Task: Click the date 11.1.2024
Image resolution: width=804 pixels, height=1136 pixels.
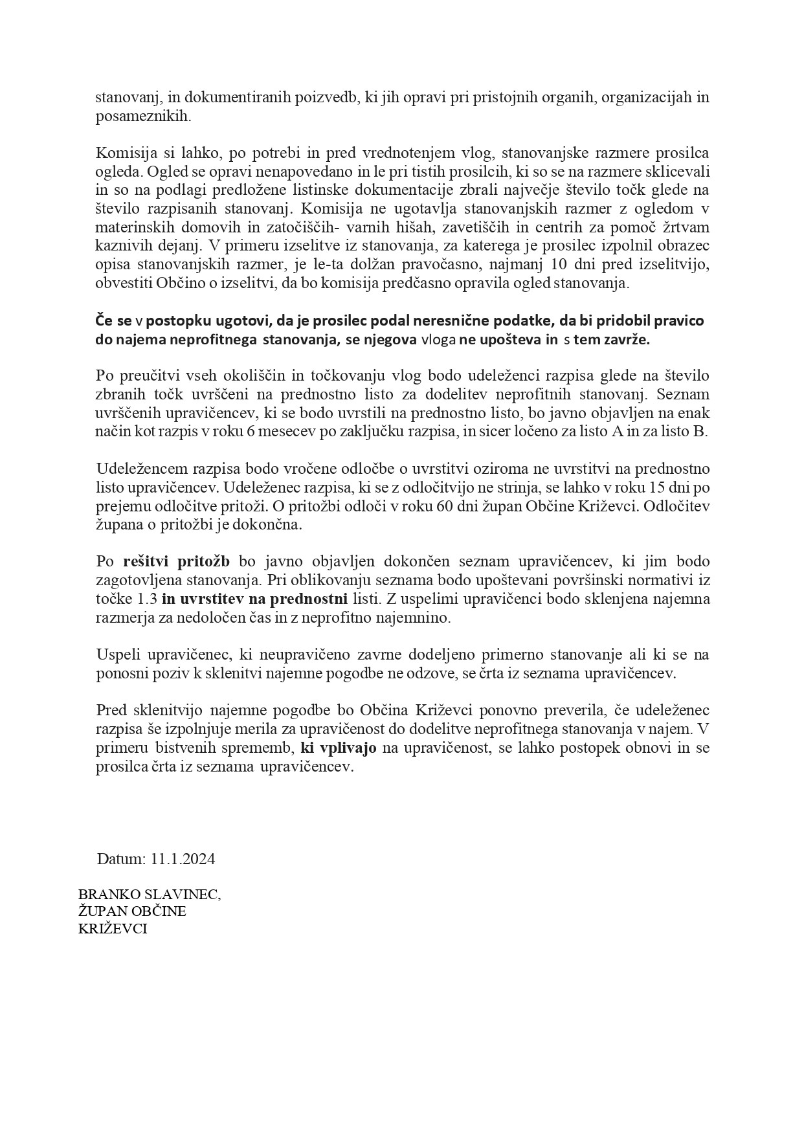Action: (183, 859)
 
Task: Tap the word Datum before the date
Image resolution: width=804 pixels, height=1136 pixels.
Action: (122, 859)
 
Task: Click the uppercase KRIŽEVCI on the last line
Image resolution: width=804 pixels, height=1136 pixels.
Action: (113, 928)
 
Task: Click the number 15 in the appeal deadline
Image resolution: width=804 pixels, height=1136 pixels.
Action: (667, 487)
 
